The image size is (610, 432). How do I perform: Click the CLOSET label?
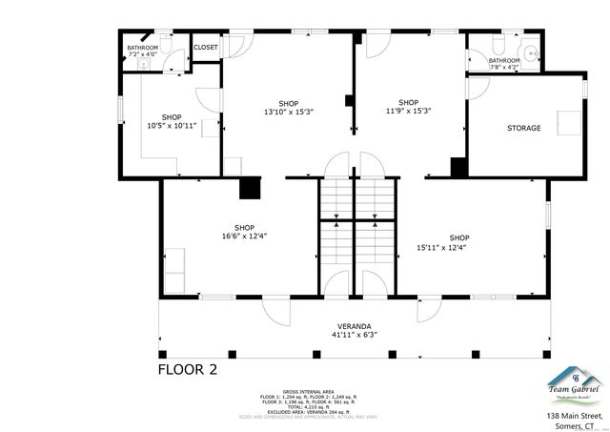[x=206, y=47]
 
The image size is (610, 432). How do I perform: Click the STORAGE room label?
[x=523, y=128]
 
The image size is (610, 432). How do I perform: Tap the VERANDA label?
[x=355, y=330]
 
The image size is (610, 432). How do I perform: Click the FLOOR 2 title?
[x=188, y=369]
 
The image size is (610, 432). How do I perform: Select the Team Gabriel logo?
[x=572, y=381]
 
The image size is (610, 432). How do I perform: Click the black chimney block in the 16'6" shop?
[x=251, y=188]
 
